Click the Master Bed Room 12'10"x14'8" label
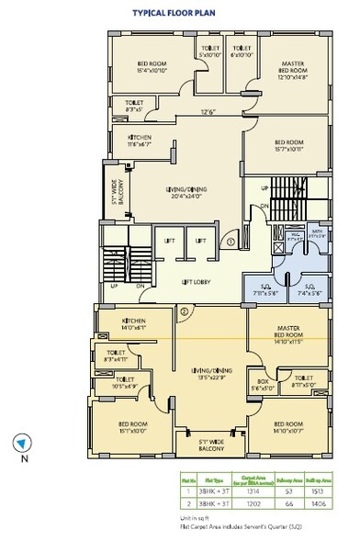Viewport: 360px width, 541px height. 292,72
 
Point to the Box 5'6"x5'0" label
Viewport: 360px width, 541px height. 265,386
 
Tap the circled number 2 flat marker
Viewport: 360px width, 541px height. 184,311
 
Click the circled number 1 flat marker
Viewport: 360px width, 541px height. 232,242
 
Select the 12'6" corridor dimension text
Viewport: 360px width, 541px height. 208,114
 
